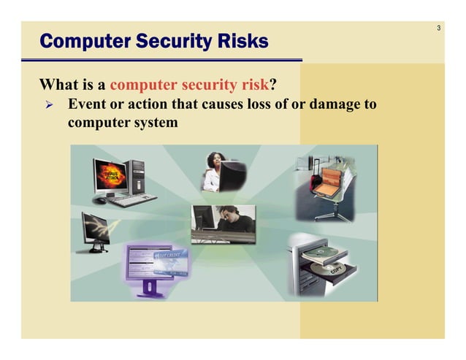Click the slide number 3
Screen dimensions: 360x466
pyautogui.click(x=438, y=28)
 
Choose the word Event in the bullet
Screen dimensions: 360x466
pyautogui.click(x=88, y=104)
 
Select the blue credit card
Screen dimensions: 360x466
pyautogui.click(x=168, y=256)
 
